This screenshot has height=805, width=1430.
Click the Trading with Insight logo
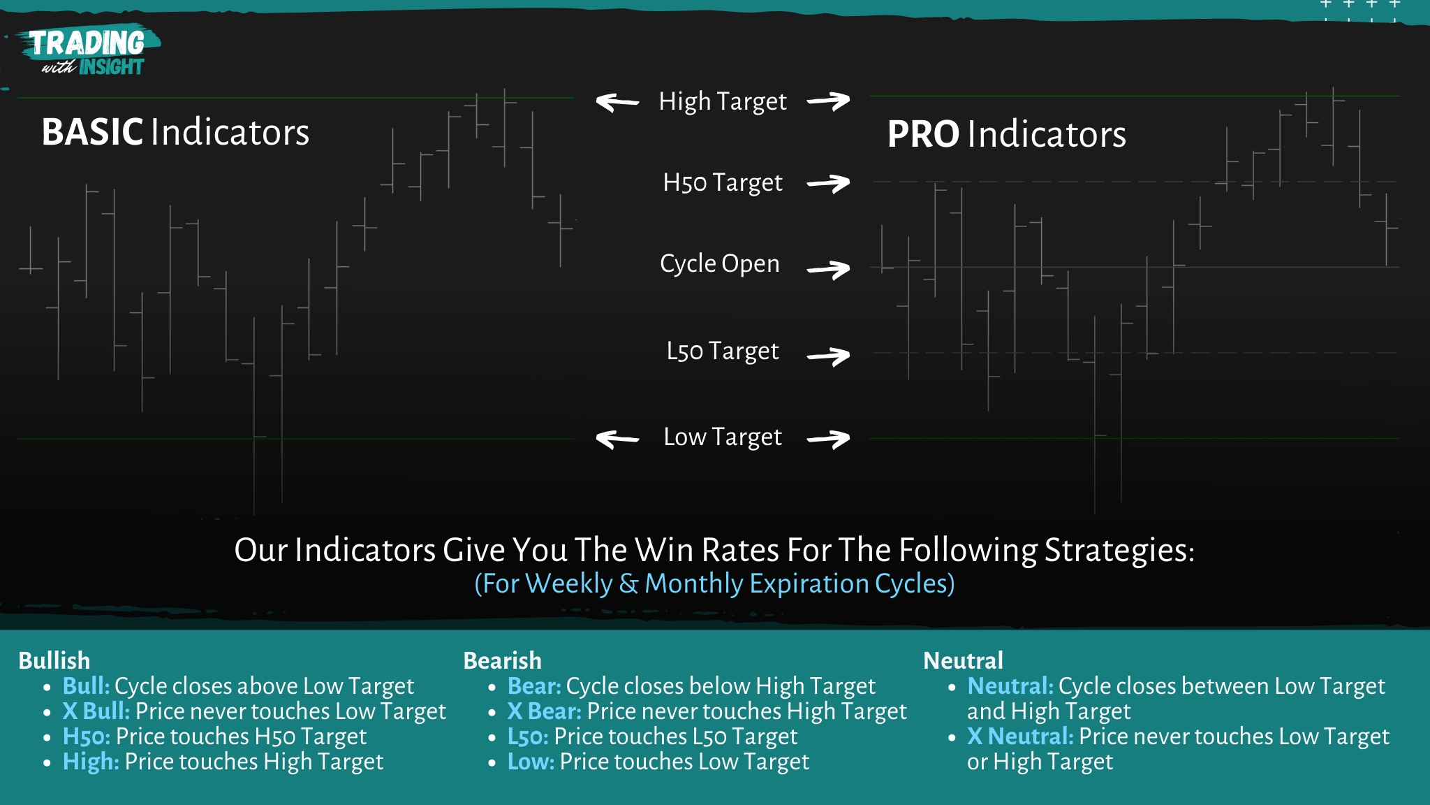(x=87, y=52)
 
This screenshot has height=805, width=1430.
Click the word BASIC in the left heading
(x=92, y=132)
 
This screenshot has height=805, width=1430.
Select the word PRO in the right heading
(x=923, y=134)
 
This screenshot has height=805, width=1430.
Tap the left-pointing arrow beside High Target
(x=617, y=103)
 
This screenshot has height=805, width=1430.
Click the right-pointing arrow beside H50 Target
(x=829, y=184)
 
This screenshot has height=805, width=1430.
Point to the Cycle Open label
(x=719, y=263)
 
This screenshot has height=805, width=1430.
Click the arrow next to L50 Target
(x=829, y=356)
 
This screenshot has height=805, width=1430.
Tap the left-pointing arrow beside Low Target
(x=617, y=439)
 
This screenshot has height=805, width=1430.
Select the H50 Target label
(x=722, y=182)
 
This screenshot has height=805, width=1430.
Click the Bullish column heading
(x=54, y=660)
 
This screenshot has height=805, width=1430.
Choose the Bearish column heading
(x=502, y=660)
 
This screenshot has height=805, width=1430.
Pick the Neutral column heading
(x=963, y=660)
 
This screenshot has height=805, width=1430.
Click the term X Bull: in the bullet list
(x=96, y=711)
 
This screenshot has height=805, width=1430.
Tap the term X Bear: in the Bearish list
(x=545, y=711)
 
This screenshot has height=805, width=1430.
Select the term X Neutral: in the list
(x=1020, y=737)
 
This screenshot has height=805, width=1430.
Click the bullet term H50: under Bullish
(x=87, y=737)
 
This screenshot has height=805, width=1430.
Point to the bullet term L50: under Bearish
(x=528, y=737)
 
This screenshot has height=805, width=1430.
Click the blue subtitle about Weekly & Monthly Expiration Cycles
(x=714, y=583)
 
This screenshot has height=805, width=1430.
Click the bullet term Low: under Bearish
(x=531, y=762)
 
